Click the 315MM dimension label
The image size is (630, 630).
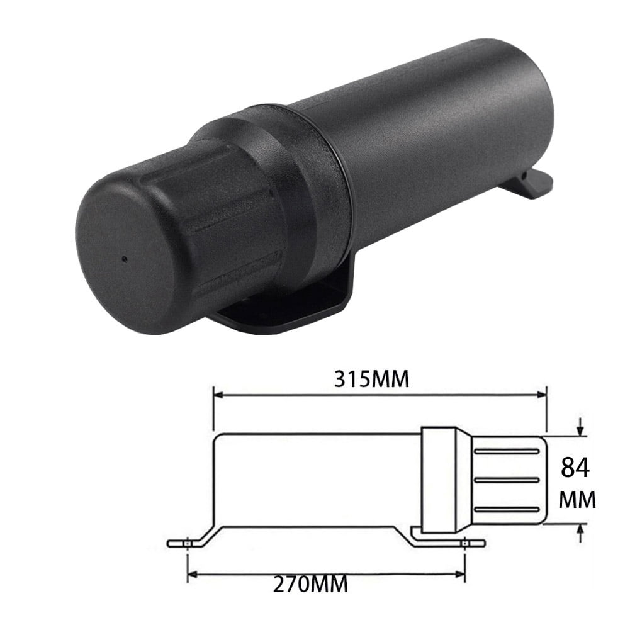(371, 380)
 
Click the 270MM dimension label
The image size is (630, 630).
(310, 585)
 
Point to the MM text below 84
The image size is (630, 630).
(577, 501)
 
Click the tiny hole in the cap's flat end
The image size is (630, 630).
(124, 259)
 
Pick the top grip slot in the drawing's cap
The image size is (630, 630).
(507, 451)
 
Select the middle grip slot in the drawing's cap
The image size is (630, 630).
(507, 480)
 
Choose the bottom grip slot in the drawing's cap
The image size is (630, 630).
(507, 508)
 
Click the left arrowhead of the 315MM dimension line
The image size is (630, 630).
(219, 395)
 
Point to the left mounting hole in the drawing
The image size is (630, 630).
(188, 542)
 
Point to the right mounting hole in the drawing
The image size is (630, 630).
(464, 542)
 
